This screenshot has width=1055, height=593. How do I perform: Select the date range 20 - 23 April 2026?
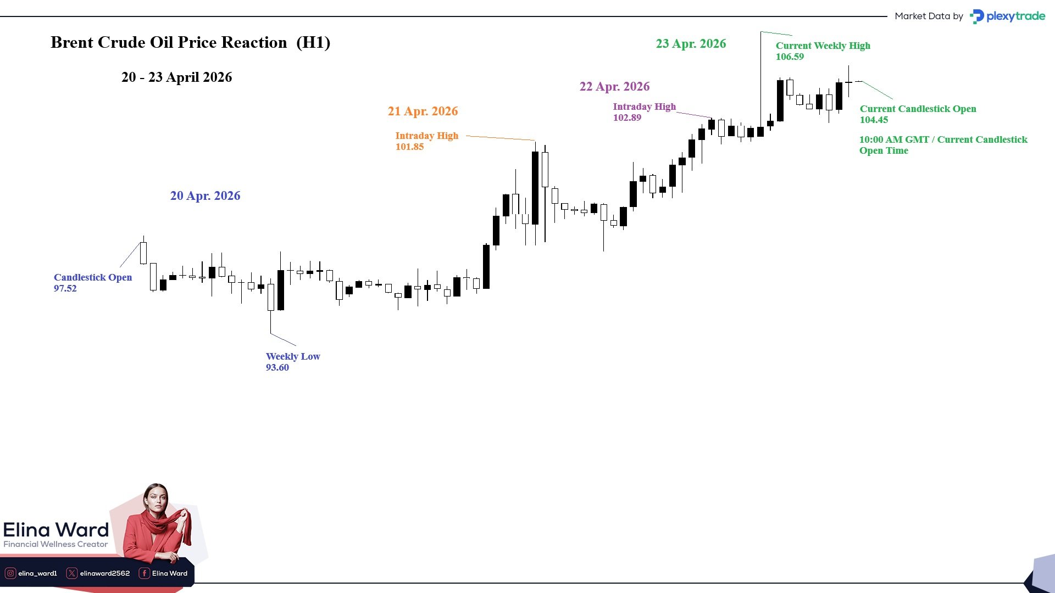176,77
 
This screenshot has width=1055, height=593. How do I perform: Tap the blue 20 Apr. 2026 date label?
205,196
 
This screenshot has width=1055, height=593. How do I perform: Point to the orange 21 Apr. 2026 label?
423,111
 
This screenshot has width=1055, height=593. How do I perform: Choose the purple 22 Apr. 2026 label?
614,87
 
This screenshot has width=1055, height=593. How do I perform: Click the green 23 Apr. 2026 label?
691,44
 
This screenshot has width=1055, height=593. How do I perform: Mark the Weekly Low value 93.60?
277,368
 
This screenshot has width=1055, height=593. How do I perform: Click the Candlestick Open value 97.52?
65,289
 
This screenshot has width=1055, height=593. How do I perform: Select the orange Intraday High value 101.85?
409,147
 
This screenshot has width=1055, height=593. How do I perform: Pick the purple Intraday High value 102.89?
627,118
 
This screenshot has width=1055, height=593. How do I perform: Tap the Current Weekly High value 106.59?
790,57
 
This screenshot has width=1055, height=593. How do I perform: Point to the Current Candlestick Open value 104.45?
874,120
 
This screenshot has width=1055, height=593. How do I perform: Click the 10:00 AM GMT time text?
894,140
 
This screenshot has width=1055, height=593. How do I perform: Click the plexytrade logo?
1008,16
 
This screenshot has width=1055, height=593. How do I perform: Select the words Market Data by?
929,16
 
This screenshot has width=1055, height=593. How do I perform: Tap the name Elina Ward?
56,530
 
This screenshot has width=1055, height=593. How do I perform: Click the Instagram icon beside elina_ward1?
10,573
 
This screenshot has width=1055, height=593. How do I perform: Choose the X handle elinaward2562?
105,573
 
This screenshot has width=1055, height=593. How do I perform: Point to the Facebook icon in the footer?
144,573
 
